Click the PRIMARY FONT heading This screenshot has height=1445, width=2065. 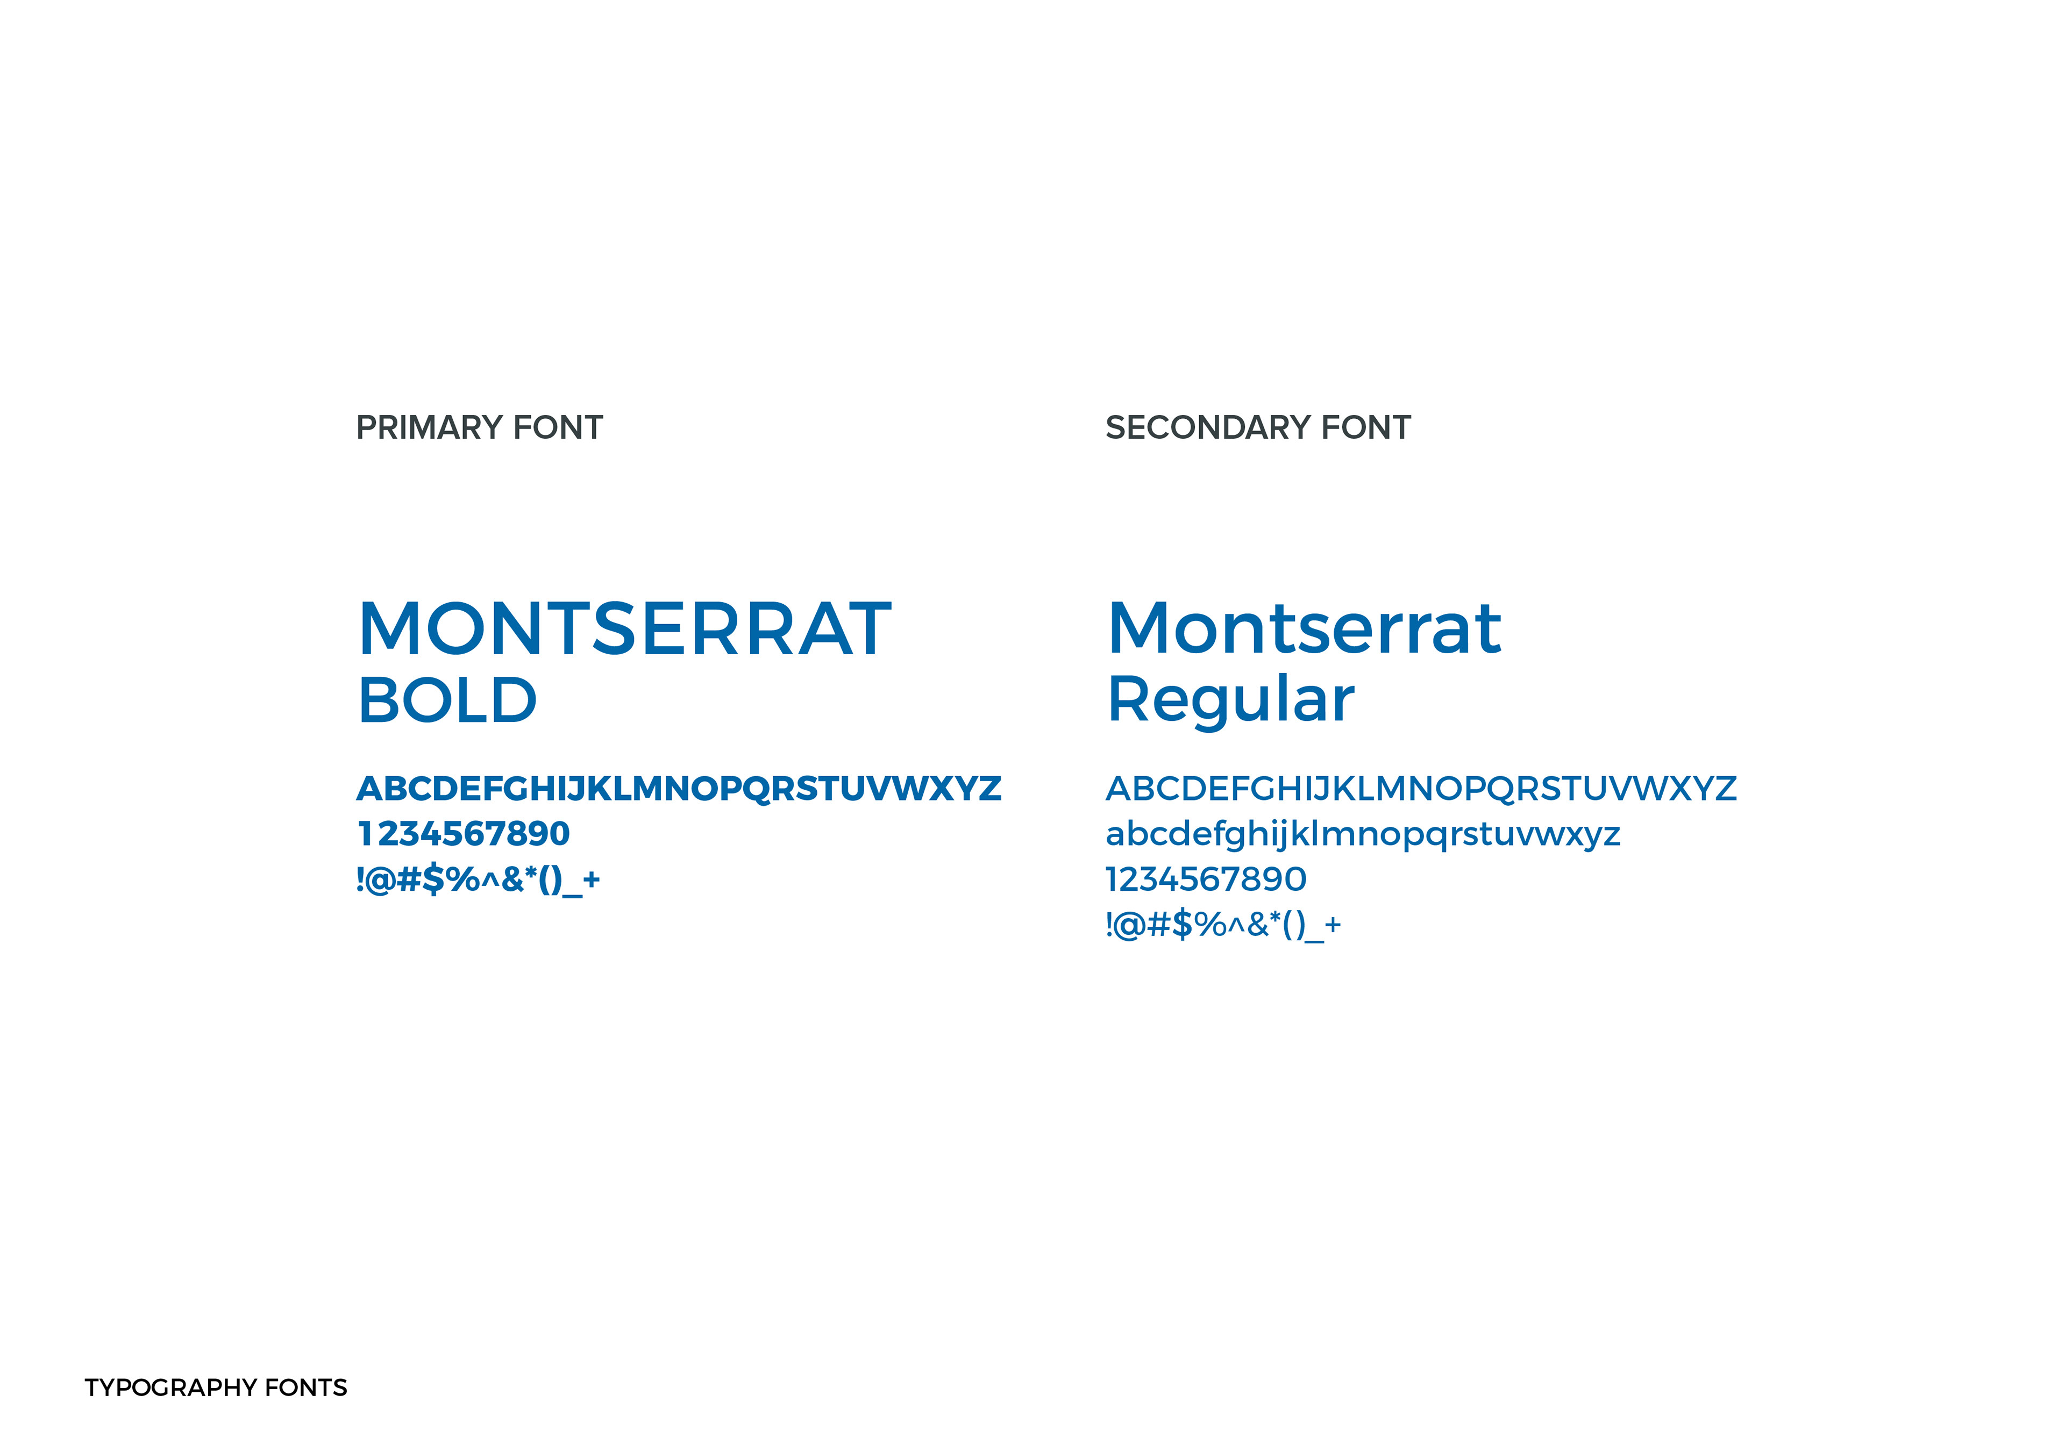479,428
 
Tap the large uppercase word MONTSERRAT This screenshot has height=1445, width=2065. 625,629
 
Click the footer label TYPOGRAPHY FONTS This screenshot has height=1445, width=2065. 216,1387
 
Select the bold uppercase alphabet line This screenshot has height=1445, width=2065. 679,789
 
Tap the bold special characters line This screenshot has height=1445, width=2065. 478,879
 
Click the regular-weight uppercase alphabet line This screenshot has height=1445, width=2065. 1421,789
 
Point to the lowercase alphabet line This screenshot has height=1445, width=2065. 1363,834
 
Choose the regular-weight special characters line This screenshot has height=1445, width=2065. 1223,925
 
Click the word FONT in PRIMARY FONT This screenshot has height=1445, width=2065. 558,428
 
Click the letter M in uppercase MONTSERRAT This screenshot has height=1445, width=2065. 389,629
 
